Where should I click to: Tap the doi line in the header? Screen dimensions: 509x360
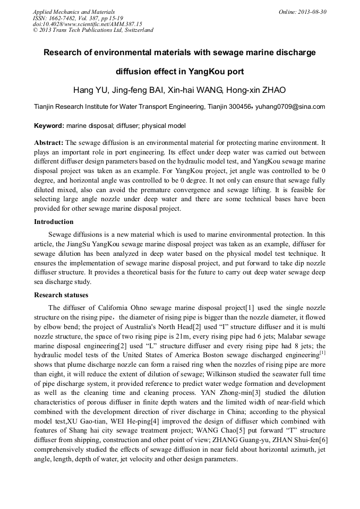(88, 24)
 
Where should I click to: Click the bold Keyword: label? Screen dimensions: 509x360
(49, 126)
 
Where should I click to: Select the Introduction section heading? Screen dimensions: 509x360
(54, 222)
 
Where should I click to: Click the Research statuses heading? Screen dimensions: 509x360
(61, 295)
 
